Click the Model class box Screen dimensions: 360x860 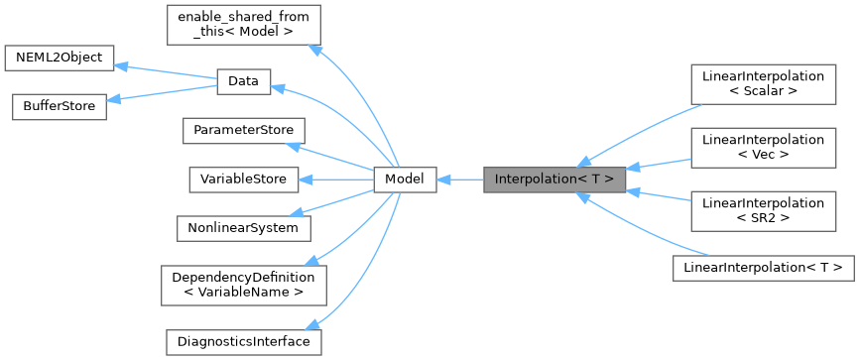[x=404, y=180]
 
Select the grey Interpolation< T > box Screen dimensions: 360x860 [x=554, y=180]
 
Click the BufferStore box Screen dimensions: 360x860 [x=58, y=106]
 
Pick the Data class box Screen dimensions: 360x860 [x=243, y=81]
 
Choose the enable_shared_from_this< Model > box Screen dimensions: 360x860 [x=243, y=24]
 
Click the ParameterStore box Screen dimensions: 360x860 [x=243, y=131]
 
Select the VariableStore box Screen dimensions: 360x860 [x=243, y=180]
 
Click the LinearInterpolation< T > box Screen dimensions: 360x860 [x=763, y=267]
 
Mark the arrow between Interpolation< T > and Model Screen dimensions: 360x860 [x=459, y=180]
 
